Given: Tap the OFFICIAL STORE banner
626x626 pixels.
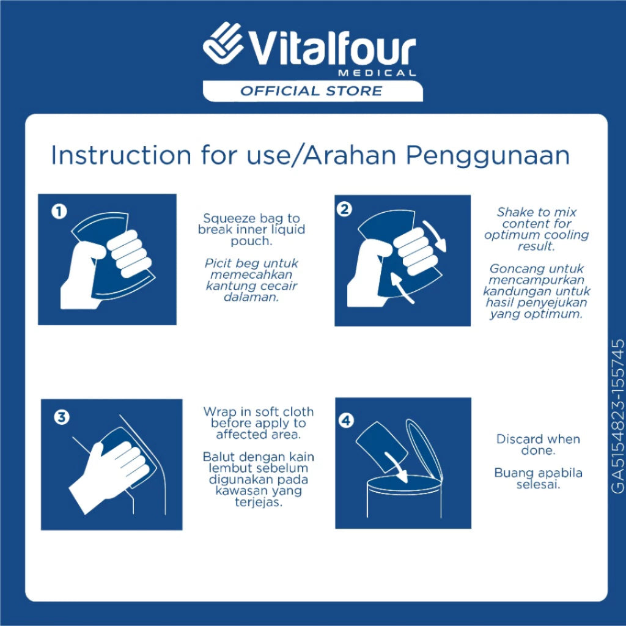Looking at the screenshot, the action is [x=312, y=91].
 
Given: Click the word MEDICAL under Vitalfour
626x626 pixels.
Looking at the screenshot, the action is [x=377, y=73].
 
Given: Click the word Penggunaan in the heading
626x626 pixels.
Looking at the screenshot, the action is [x=488, y=156].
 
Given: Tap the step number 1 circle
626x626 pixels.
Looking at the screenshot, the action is [x=59, y=211].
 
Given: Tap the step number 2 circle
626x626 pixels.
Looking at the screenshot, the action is [x=345, y=209].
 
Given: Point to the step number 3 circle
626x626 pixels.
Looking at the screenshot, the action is [x=62, y=417].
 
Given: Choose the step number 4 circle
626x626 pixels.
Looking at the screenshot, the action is [x=346, y=421].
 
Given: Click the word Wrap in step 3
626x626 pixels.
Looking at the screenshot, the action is [x=218, y=413].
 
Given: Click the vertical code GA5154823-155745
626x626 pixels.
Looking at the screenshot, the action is [x=617, y=416].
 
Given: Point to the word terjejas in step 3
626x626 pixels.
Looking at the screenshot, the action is [x=259, y=503].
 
